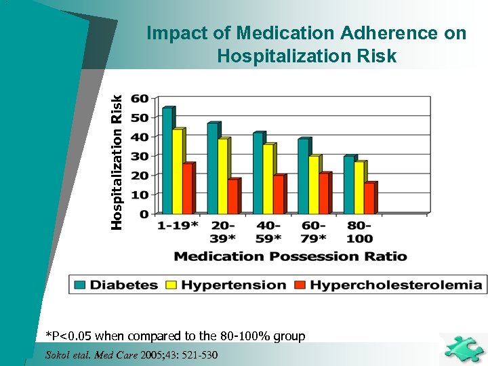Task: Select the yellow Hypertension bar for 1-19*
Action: click(178, 171)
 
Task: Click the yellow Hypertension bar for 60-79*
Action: click(313, 184)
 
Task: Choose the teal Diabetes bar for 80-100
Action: click(348, 184)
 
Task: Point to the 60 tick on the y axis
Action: click(140, 98)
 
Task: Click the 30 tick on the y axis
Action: click(140, 156)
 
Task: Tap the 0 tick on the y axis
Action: click(143, 214)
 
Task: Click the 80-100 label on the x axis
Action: click(359, 232)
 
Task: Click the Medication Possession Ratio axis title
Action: click(291, 256)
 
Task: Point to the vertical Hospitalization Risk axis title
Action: click(117, 161)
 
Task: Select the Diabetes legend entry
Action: click(125, 285)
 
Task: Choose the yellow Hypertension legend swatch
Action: click(170, 285)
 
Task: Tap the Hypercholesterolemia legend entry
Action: click(396, 285)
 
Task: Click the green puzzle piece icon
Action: click(462, 348)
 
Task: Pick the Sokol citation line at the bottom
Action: click(131, 354)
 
